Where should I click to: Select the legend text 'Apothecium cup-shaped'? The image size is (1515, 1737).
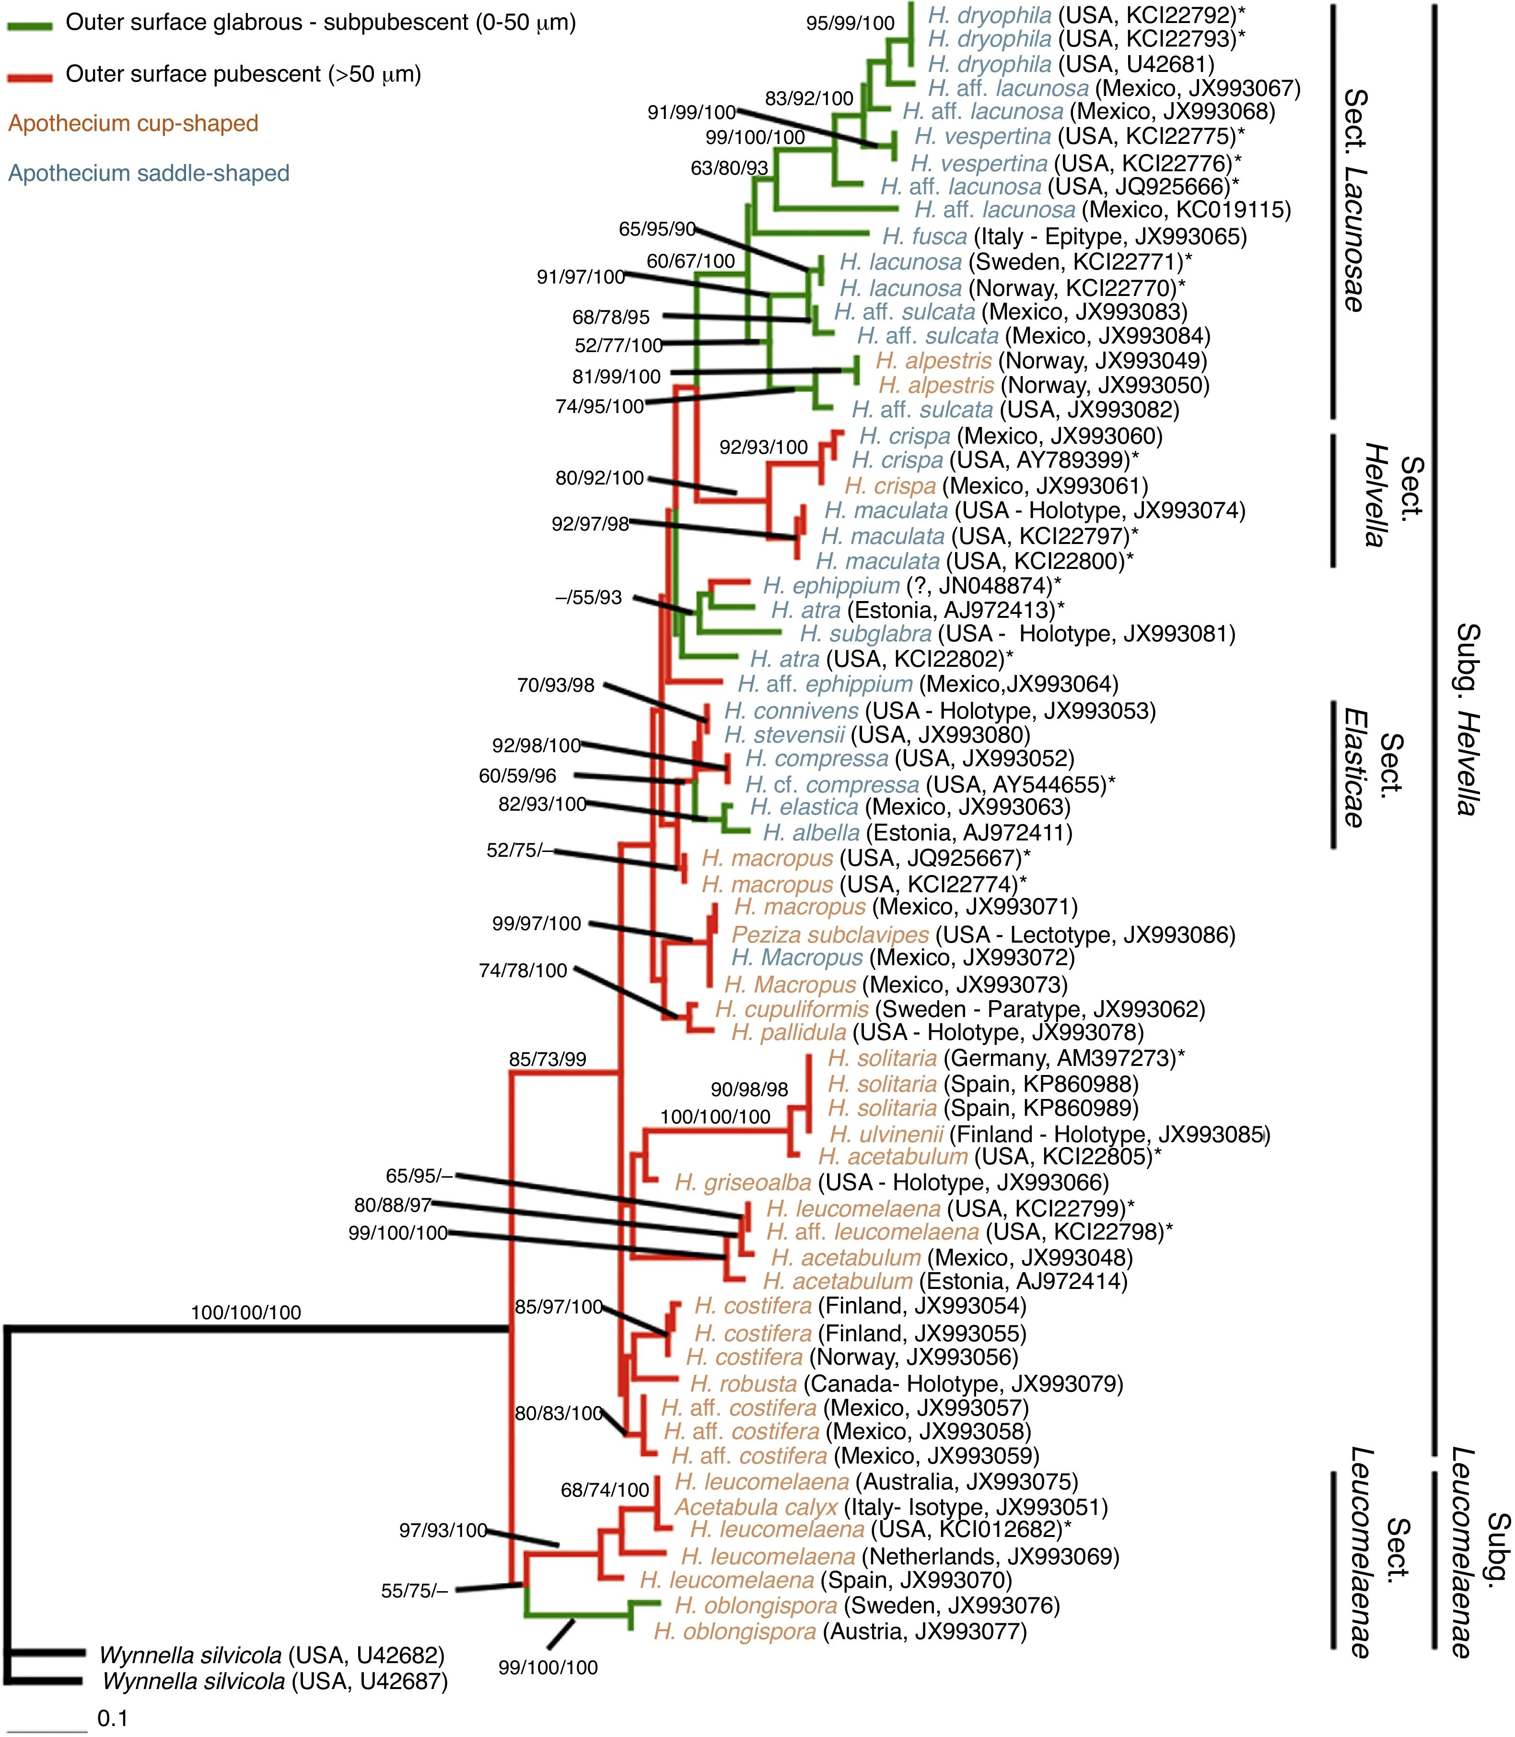pos(133,123)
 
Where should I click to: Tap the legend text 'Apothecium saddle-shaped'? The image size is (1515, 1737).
pos(149,173)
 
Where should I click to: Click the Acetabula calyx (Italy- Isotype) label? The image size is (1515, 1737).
pos(890,1506)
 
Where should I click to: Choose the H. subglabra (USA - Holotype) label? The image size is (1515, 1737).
pos(1017,633)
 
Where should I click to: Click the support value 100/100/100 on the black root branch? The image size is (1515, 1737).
pos(246,1312)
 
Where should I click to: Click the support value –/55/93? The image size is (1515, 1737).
pos(588,598)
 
